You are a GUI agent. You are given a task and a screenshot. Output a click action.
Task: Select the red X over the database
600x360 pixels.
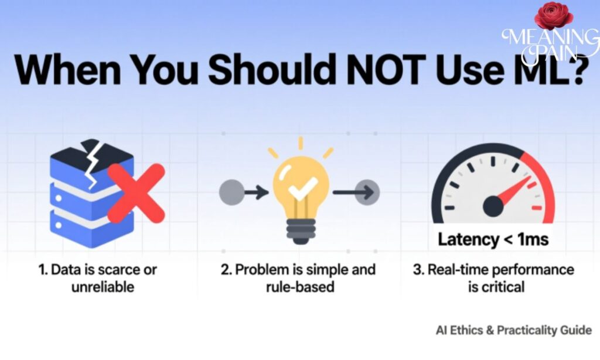137,193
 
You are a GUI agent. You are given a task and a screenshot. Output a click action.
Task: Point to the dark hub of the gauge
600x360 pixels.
493,205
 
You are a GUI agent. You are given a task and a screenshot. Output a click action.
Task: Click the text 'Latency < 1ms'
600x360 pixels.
493,240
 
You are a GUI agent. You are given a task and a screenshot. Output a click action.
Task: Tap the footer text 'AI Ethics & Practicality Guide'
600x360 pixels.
513,330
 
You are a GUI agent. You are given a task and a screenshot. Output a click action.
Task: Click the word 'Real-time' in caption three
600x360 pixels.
454,270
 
